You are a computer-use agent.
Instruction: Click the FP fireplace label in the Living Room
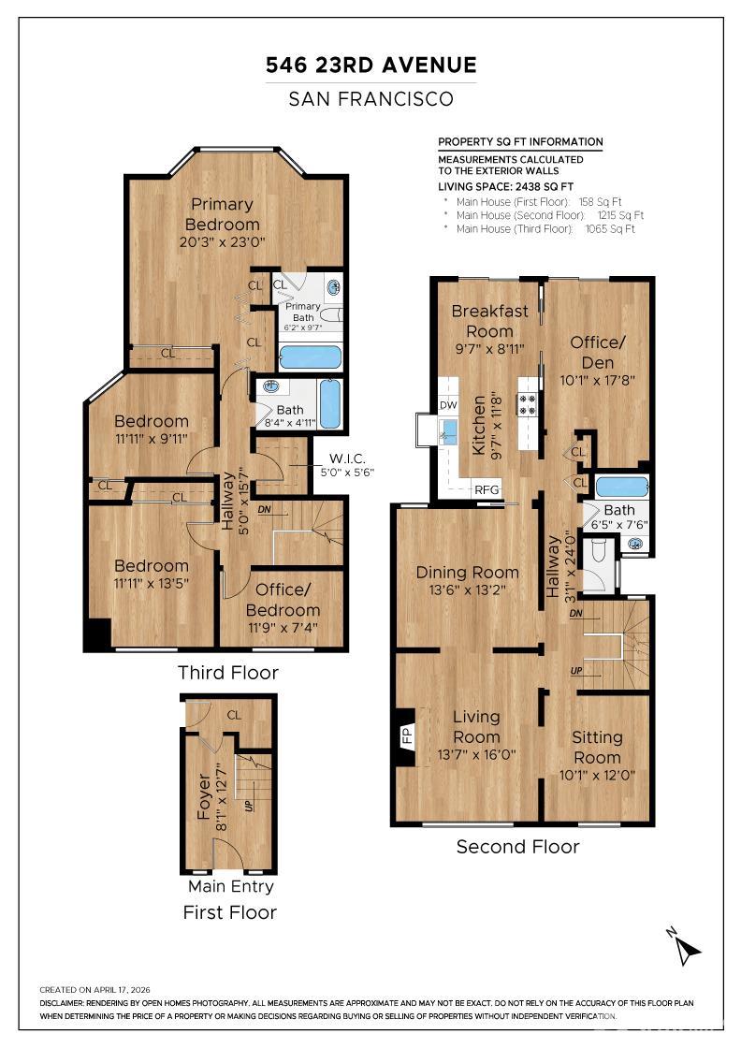(x=408, y=735)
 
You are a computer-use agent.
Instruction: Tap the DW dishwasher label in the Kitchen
(x=448, y=405)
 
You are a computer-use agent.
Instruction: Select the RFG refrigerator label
(x=487, y=489)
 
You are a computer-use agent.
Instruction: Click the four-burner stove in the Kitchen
(x=527, y=404)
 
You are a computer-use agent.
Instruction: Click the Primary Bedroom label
(x=222, y=214)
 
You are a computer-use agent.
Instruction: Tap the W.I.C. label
(x=347, y=458)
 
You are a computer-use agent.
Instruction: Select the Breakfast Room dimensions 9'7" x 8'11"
(x=489, y=349)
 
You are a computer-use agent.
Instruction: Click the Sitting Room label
(x=597, y=748)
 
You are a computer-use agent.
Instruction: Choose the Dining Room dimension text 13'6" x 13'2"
(x=467, y=589)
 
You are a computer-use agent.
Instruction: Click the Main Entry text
(x=230, y=886)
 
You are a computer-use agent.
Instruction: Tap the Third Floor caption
(x=228, y=673)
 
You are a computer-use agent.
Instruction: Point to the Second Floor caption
(x=517, y=847)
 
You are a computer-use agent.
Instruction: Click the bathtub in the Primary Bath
(x=310, y=357)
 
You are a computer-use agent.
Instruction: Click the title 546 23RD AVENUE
(x=371, y=65)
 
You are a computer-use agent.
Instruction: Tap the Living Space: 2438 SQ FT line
(x=506, y=187)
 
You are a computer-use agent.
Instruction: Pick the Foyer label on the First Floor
(x=204, y=796)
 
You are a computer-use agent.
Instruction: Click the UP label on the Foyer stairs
(x=249, y=805)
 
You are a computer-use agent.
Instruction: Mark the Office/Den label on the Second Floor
(x=597, y=352)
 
